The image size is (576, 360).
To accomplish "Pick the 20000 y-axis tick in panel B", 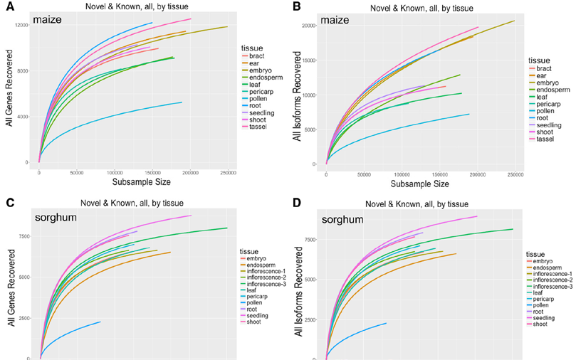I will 305,26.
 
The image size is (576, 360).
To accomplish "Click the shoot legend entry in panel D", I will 548,324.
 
